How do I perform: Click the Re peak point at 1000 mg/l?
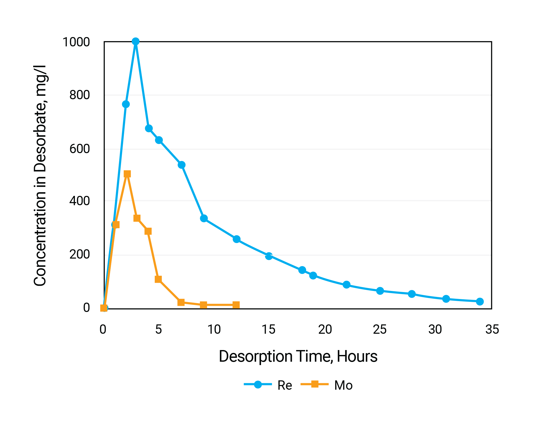(136, 41)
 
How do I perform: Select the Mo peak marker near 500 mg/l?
(127, 174)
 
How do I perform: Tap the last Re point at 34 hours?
(480, 302)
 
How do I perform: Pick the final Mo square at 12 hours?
(236, 305)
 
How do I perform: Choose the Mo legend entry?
(327, 385)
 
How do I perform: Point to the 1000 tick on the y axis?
(76, 42)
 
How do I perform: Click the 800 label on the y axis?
(80, 95)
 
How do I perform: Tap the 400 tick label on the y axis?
(80, 201)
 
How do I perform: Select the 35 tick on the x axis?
(492, 330)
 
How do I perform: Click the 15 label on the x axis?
(268, 330)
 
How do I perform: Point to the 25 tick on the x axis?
(380, 330)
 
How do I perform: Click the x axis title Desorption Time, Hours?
(298, 357)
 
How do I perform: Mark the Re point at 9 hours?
(204, 218)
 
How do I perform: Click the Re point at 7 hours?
(182, 165)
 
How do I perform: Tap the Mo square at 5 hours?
(158, 279)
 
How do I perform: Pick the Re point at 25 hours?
(380, 291)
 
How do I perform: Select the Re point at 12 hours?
(236, 239)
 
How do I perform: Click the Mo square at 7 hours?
(181, 302)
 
